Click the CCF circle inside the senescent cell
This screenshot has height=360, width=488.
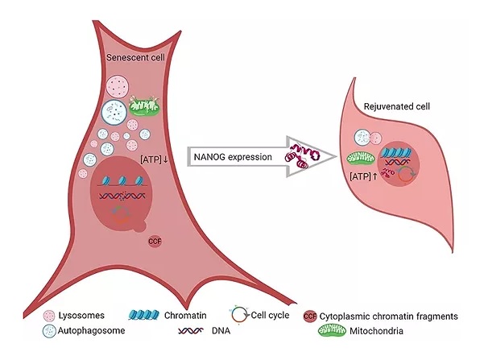pos(156,240)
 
